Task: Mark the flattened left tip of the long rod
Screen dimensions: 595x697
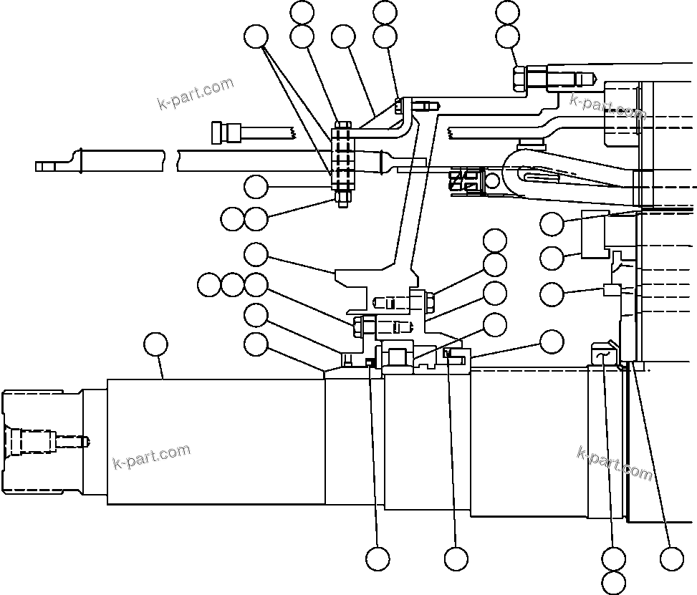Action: pos(44,166)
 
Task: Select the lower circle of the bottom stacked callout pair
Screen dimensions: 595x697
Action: pos(614,581)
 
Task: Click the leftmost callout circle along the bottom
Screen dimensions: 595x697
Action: pos(378,558)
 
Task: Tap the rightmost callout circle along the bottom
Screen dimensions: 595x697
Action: pos(671,558)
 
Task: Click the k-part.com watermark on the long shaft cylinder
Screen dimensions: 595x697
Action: pos(152,456)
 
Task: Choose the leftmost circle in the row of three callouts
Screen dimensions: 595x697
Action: pos(209,284)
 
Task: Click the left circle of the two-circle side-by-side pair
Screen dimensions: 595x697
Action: pos(232,219)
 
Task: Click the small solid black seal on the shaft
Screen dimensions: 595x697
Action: pos(370,362)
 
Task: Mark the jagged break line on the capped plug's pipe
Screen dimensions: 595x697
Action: pos(293,133)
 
